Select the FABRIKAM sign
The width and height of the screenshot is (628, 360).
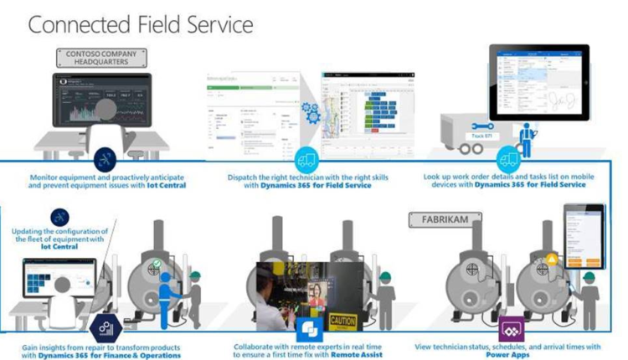[x=441, y=220]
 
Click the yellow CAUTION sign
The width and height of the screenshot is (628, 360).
[x=342, y=320]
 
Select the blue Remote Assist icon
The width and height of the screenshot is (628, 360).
[x=309, y=328]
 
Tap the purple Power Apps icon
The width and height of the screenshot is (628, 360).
[x=510, y=328]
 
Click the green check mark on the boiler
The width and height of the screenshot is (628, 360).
[x=156, y=265]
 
